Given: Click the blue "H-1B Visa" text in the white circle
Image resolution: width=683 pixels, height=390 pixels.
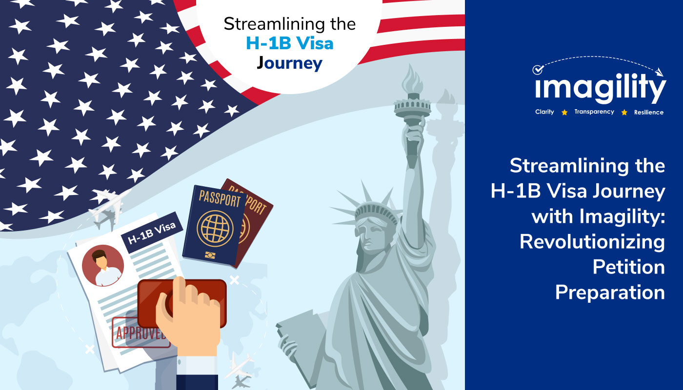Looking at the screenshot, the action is coord(290,43).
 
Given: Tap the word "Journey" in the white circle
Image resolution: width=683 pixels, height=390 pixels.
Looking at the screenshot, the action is coord(289,63).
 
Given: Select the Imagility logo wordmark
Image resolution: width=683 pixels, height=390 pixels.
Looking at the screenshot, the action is coord(601,87).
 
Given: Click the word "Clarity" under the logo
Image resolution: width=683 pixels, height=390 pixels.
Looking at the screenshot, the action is coord(544,112).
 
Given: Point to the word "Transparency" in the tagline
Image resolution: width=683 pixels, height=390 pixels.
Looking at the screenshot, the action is coord(594,112).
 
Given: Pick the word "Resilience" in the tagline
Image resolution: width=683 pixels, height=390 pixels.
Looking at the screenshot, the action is coord(649,112).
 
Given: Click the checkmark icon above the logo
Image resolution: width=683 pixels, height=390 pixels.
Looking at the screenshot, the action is coord(538,69).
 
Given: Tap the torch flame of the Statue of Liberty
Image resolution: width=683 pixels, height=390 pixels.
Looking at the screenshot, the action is coord(412,78).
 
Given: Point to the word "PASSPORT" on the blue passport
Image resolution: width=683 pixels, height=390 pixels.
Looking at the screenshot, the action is coord(220,199).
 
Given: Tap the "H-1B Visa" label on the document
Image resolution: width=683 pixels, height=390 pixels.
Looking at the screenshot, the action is coord(152,233).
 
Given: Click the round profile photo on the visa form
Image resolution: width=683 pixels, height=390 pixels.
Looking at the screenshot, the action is coord(103,266).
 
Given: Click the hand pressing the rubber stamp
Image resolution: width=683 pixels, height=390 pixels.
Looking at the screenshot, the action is coord(190,317).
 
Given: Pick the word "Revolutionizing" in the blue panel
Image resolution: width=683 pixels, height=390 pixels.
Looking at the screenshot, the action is coord(592,242).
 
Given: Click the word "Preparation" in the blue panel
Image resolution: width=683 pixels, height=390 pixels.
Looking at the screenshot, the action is coord(610,293).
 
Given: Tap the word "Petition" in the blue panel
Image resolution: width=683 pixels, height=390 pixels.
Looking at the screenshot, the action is coord(629,267).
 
